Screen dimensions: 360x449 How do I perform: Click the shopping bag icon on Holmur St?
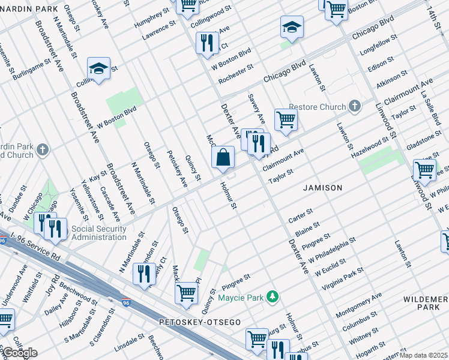click(x=223, y=158)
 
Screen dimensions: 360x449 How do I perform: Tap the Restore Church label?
click(x=318, y=107)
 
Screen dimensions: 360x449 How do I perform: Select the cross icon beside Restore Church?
click(x=355, y=107)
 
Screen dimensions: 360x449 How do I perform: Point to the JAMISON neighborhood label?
click(x=322, y=188)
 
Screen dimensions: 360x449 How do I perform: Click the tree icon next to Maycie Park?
click(x=273, y=296)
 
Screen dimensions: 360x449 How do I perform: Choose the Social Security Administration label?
click(x=99, y=233)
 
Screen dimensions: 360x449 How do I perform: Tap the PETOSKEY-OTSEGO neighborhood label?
click(x=200, y=323)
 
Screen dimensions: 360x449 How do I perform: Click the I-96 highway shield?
click(x=125, y=303)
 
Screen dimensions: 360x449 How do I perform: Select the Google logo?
click(x=19, y=353)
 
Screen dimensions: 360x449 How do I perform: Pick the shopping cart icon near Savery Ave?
click(x=286, y=119)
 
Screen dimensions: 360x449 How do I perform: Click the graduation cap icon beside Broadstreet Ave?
click(x=99, y=68)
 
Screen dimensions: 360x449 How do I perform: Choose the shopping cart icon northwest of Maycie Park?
click(x=187, y=293)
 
